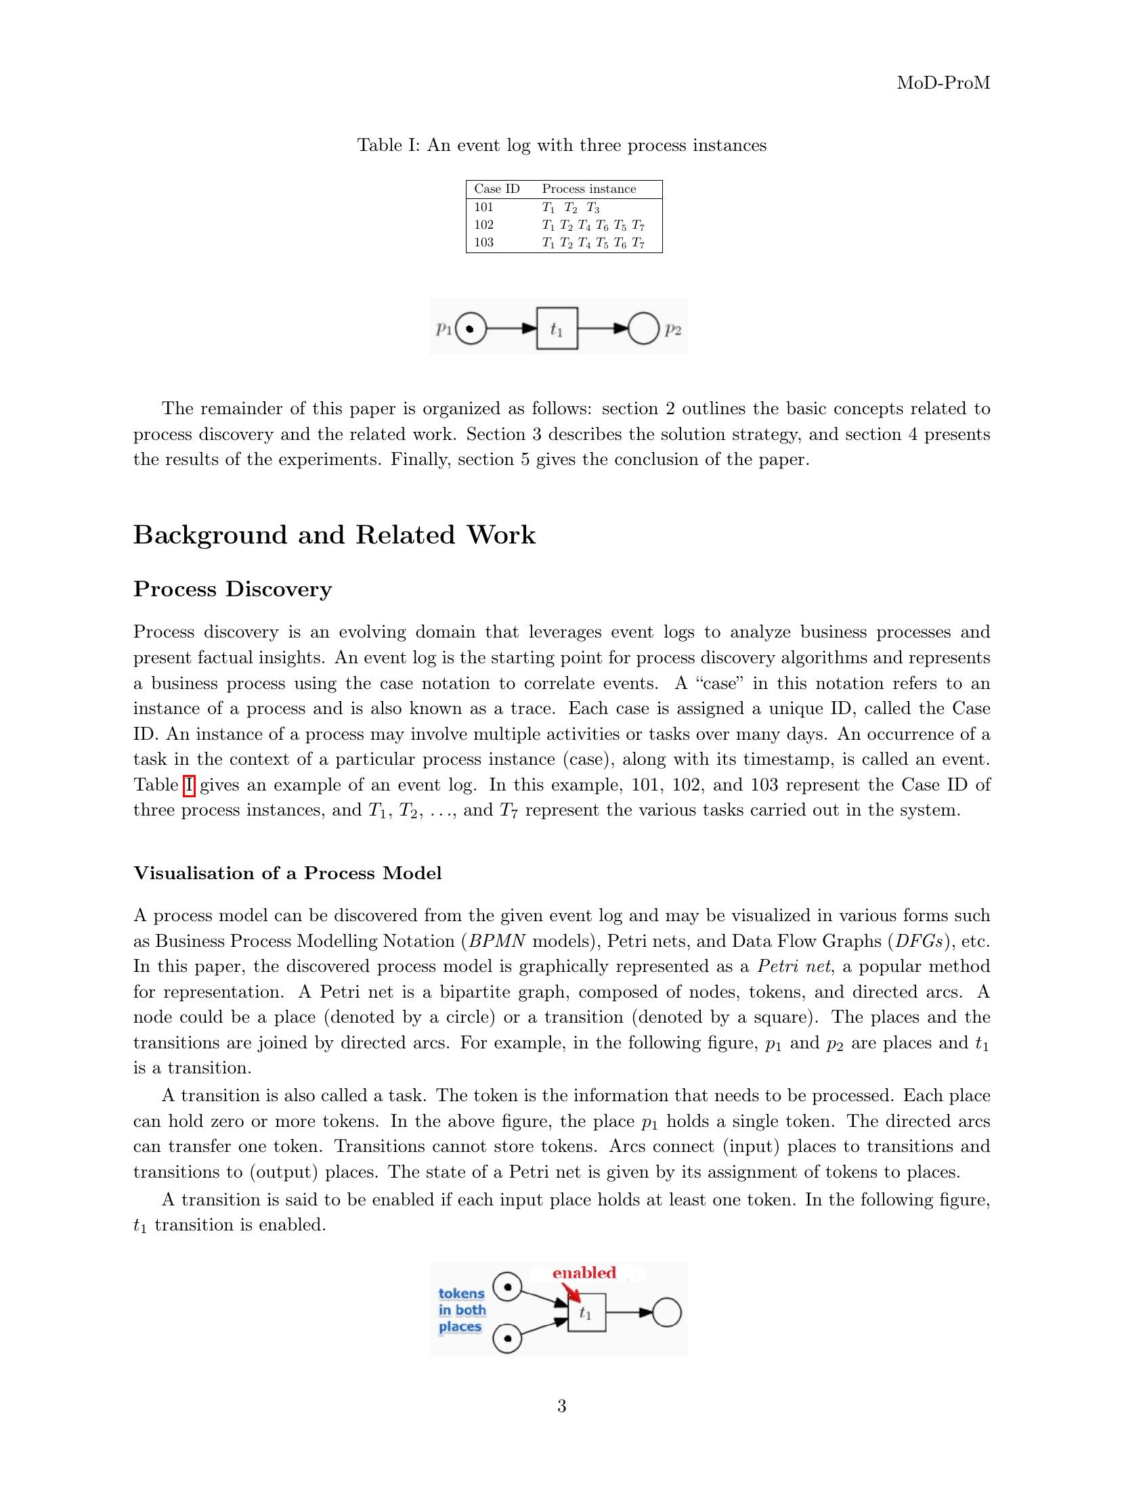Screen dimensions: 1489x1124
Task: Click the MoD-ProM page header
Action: pyautogui.click(x=943, y=83)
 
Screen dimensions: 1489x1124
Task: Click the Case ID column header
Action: pyautogui.click(x=496, y=190)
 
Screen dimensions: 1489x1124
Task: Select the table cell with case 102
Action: pyautogui.click(x=483, y=225)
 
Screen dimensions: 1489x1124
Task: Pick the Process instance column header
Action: pyautogui.click(x=588, y=190)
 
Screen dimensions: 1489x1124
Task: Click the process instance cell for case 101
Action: pyautogui.click(x=570, y=208)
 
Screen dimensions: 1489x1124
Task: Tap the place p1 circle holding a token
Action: pyautogui.click(x=471, y=329)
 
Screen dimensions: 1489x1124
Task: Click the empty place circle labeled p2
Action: pyautogui.click(x=643, y=329)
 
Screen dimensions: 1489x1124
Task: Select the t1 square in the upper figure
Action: pyautogui.click(x=557, y=329)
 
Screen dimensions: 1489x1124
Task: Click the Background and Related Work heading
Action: pyautogui.click(x=334, y=535)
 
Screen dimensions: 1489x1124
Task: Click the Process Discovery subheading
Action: pyautogui.click(x=232, y=589)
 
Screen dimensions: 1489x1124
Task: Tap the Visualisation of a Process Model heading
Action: pyautogui.click(x=287, y=873)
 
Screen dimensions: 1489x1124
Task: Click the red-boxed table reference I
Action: pyautogui.click(x=189, y=785)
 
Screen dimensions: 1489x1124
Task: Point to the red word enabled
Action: pyautogui.click(x=584, y=1272)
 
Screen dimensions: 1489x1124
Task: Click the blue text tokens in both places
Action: pyautogui.click(x=462, y=1310)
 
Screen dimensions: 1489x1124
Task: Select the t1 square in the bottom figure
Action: pyautogui.click(x=586, y=1313)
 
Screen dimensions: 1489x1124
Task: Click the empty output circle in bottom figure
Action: pyautogui.click(x=667, y=1313)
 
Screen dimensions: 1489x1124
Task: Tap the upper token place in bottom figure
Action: pyautogui.click(x=508, y=1287)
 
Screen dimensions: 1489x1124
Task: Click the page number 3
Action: pyautogui.click(x=561, y=1406)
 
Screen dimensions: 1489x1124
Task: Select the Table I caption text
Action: pyautogui.click(x=561, y=146)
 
